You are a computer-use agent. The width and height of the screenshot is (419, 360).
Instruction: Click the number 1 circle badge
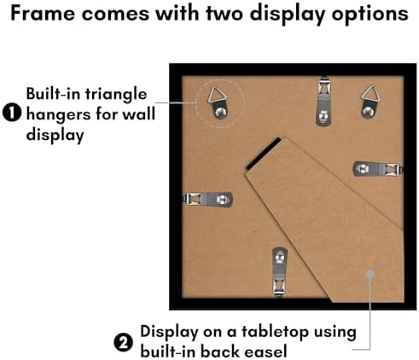click(x=12, y=113)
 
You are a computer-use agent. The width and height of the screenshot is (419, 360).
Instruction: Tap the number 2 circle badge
click(x=124, y=342)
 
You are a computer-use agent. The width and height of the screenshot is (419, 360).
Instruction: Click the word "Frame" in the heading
click(x=43, y=14)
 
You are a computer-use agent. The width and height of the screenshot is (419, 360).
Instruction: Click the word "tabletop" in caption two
click(x=276, y=332)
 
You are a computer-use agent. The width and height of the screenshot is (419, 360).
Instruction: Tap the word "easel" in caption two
click(x=266, y=351)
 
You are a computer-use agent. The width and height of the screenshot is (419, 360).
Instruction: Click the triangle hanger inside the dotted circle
click(x=219, y=102)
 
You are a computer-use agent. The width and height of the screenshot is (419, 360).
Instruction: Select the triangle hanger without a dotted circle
click(x=370, y=101)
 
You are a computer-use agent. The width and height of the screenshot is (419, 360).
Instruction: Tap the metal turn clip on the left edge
click(x=207, y=199)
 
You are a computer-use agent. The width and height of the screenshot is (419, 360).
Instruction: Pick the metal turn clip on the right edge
click(x=378, y=169)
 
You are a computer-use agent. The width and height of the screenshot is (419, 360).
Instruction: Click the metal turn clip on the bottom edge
click(x=280, y=272)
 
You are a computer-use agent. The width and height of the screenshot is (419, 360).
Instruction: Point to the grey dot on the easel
click(x=370, y=274)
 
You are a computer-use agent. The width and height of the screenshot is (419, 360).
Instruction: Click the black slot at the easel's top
click(x=264, y=154)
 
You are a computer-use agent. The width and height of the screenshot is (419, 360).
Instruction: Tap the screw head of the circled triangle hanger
click(x=221, y=113)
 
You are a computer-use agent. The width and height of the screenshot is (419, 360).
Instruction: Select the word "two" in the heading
click(x=225, y=14)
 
